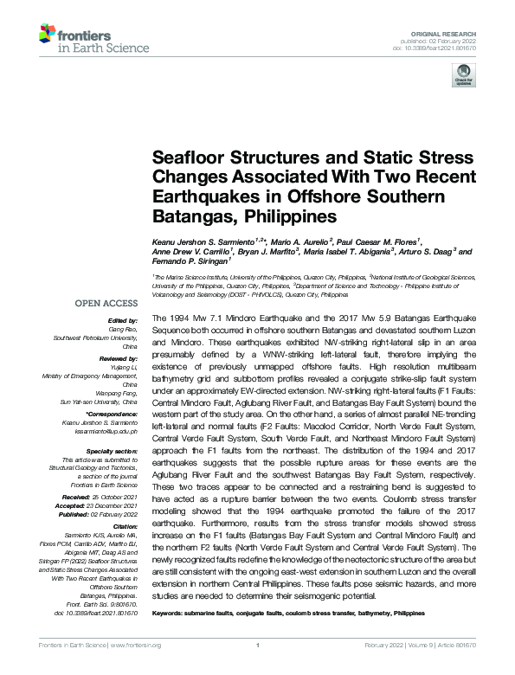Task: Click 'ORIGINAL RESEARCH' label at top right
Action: pyautogui.click(x=455, y=30)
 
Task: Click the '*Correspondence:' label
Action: pyautogui.click(x=113, y=415)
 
